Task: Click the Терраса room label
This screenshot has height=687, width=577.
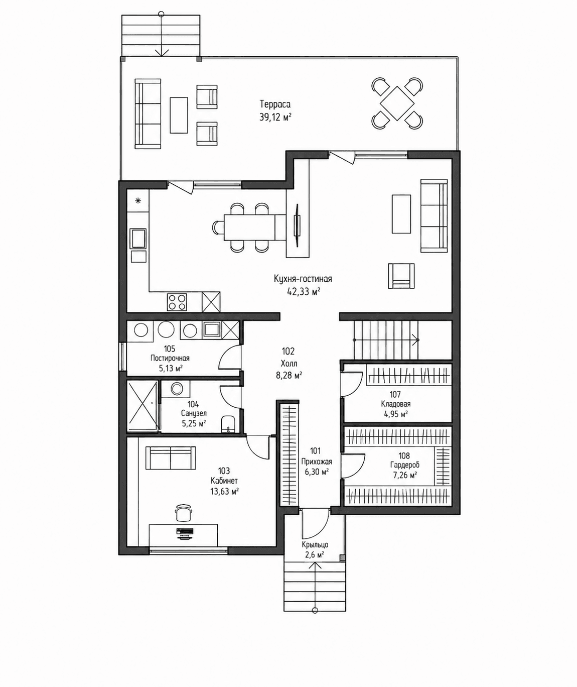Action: pyautogui.click(x=275, y=104)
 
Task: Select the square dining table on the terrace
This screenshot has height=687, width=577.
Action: pyautogui.click(x=397, y=103)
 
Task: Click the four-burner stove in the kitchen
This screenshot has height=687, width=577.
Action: pyautogui.click(x=177, y=302)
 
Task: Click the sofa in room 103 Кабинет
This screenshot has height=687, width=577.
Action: pyautogui.click(x=171, y=458)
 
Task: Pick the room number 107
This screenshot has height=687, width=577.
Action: pyautogui.click(x=395, y=394)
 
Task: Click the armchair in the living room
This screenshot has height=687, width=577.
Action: pyautogui.click(x=401, y=276)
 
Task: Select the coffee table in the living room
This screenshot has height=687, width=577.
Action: pyautogui.click(x=401, y=214)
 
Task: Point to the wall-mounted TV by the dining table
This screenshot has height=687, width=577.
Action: pyautogui.click(x=298, y=224)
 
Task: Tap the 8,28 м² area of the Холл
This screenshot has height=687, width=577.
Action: pyautogui.click(x=289, y=375)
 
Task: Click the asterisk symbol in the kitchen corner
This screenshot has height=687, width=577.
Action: pyautogui.click(x=138, y=200)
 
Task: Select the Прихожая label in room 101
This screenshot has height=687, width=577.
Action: pyautogui.click(x=317, y=462)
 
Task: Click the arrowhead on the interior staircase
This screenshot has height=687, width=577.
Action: pyautogui.click(x=416, y=339)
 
